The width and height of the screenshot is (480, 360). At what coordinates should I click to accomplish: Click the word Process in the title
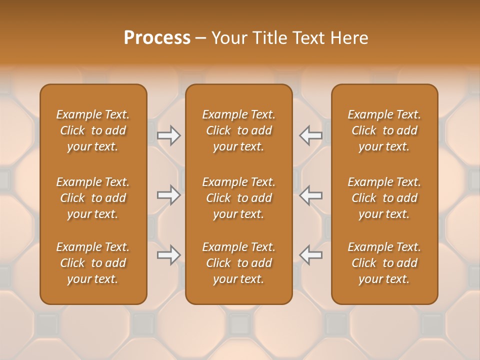(157, 38)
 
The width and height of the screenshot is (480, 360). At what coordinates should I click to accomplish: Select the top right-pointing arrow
(169, 135)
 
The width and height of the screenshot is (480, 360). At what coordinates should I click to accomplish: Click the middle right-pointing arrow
(169, 195)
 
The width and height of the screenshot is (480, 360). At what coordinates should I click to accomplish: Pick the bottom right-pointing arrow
(169, 255)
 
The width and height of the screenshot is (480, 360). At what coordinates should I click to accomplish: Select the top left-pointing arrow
(310, 135)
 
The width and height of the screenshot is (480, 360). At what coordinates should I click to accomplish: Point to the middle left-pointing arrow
(310, 195)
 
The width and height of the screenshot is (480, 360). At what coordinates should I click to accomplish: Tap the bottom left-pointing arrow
(310, 255)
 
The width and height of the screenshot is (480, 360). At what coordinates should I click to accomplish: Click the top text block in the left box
(93, 130)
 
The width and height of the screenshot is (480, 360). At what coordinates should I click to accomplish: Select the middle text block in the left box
(93, 198)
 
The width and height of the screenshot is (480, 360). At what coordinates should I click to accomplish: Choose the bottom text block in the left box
(93, 263)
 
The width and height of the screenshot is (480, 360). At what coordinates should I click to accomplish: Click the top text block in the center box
(238, 130)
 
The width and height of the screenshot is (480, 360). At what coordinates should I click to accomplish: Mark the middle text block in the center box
(238, 198)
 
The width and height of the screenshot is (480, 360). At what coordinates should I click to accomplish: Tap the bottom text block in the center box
(238, 263)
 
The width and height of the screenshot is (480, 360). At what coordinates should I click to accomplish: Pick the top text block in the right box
(384, 130)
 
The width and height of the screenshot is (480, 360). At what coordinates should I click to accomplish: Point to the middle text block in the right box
(384, 198)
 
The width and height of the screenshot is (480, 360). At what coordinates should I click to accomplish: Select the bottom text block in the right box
(384, 263)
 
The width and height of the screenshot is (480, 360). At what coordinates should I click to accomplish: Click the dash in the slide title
(200, 38)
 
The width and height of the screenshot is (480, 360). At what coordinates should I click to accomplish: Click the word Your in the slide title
(228, 38)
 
